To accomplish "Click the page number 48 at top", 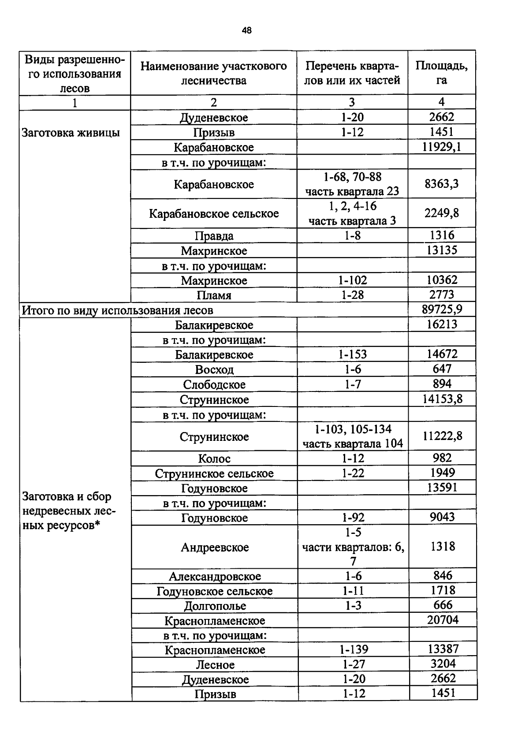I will [x=246, y=30].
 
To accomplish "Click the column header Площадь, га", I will [x=441, y=73].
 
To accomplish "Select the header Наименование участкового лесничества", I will [x=214, y=73].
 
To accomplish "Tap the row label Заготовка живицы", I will [x=71, y=133].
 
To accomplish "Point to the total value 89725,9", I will [x=442, y=309].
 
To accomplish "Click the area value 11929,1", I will [x=442, y=147].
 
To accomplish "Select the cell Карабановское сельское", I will [x=214, y=214].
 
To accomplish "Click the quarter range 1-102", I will [x=352, y=280].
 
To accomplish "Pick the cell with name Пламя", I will [x=214, y=295].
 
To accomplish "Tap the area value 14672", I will [x=442, y=354].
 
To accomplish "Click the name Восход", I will [x=214, y=369].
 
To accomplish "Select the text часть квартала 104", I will [x=353, y=444].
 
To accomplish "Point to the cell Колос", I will [x=214, y=459].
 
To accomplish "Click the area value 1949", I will [x=443, y=473].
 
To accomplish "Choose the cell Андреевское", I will [x=215, y=547].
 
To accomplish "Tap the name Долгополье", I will [x=215, y=606].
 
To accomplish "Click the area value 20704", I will [x=443, y=620].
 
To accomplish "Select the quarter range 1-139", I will [x=354, y=649].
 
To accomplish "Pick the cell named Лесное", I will [x=215, y=665].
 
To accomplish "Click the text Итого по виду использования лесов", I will [x=118, y=310].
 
